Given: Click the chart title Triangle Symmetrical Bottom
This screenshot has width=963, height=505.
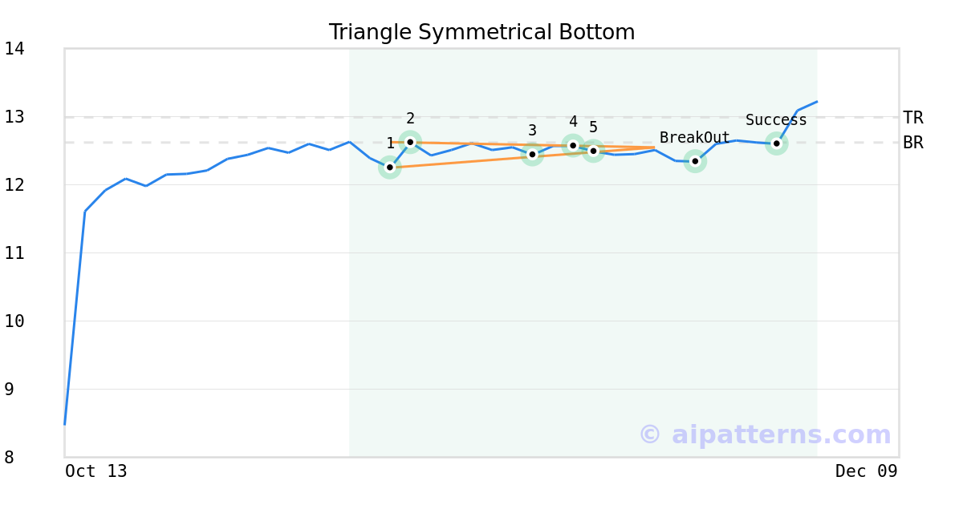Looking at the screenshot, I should (x=481, y=33).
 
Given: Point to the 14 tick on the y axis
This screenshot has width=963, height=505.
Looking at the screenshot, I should (x=14, y=49).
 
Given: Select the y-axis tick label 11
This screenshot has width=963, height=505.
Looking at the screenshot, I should (x=14, y=253).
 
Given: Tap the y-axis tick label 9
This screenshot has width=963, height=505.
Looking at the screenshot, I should (x=9, y=390).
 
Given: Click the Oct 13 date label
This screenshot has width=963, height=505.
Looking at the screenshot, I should (x=96, y=471).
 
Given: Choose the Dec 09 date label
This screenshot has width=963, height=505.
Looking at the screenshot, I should (x=866, y=471).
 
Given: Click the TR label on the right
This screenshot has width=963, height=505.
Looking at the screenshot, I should (x=913, y=118).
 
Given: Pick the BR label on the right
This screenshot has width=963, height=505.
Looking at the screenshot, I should (x=913, y=143).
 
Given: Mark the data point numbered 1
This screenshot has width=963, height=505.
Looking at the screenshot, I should (x=390, y=167).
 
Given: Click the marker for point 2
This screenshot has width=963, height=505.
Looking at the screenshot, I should (x=410, y=142).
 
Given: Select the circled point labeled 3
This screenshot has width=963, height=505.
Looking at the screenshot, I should (x=532, y=154).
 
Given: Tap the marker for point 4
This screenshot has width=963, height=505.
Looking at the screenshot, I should (x=573, y=145).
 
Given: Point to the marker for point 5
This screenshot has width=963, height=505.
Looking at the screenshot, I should (x=593, y=151).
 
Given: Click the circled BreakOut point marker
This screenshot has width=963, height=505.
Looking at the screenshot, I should (x=695, y=161).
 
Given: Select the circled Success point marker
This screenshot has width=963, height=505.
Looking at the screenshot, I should (x=776, y=143).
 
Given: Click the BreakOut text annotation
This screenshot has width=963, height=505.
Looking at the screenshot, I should (x=695, y=138).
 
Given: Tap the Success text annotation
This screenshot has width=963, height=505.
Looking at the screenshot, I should (x=776, y=120).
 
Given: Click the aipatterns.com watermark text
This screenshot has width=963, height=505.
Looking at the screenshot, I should (x=765, y=434).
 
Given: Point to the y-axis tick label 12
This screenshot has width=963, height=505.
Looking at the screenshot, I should (x=14, y=185).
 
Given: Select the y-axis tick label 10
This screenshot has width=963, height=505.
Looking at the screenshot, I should (x=14, y=321).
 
